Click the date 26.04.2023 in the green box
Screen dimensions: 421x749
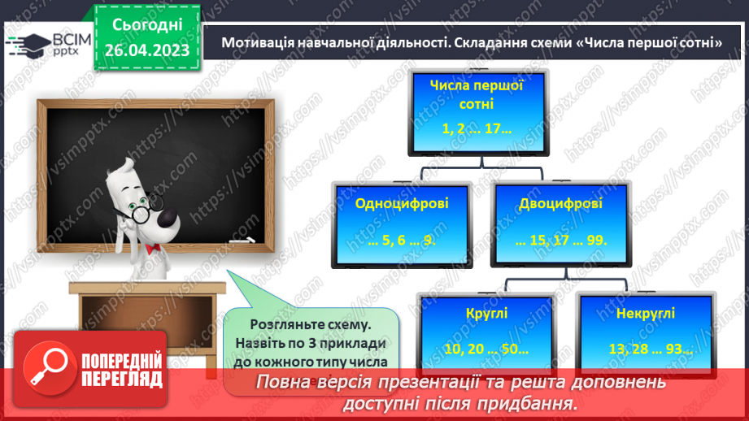tap(146, 50)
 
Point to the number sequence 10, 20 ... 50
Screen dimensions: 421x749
tap(486, 349)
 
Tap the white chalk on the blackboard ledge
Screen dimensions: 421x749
tap(247, 240)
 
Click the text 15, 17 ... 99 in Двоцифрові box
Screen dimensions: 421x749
tap(560, 241)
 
